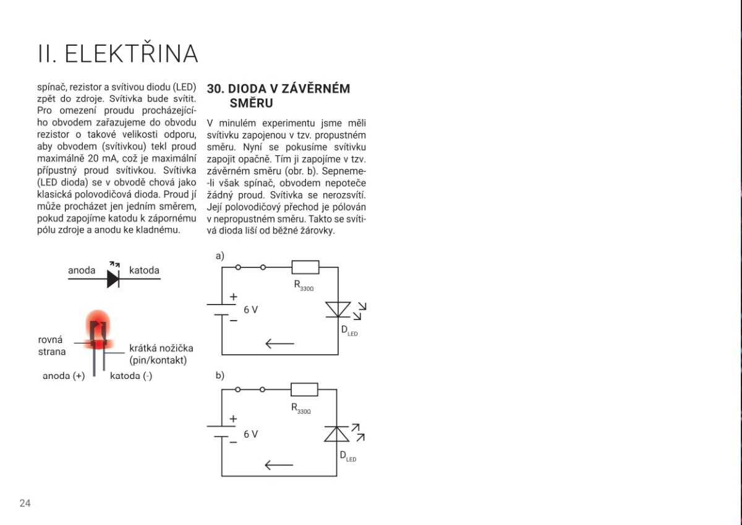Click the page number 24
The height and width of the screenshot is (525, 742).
[x=25, y=503]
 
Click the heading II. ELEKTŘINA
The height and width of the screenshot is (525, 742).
[x=117, y=54]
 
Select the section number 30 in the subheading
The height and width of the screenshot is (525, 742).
[x=215, y=89]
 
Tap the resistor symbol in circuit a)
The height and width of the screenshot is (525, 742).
[x=305, y=267]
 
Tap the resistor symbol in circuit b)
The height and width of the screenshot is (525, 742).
[x=304, y=389]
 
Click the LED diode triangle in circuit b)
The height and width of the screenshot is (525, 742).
[x=337, y=434]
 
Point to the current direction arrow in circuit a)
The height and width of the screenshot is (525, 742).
[x=279, y=343]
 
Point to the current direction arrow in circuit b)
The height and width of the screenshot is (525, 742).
[x=279, y=465]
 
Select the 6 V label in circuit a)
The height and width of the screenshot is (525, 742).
[x=250, y=310]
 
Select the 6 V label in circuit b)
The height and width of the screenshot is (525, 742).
[x=250, y=434]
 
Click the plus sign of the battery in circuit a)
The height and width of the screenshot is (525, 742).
[x=233, y=297]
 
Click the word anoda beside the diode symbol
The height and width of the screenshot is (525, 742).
[x=82, y=271]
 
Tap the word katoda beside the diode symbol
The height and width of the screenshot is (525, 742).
[x=144, y=271]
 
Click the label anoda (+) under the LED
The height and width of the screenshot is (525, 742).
[x=64, y=376]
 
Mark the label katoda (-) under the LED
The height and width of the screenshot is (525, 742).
[x=130, y=376]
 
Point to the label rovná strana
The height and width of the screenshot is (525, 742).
[x=51, y=345]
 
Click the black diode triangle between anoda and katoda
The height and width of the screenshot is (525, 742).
[x=113, y=279]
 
